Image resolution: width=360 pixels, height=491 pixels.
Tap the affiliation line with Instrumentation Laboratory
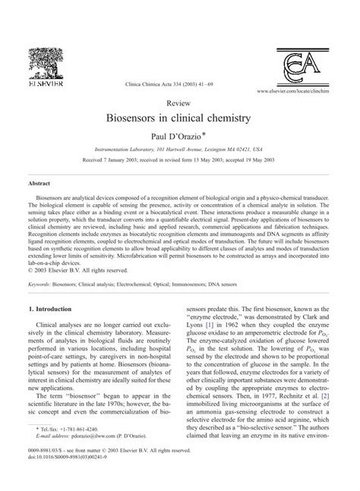(x=180, y=150)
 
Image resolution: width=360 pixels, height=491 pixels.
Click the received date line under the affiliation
(x=180, y=161)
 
